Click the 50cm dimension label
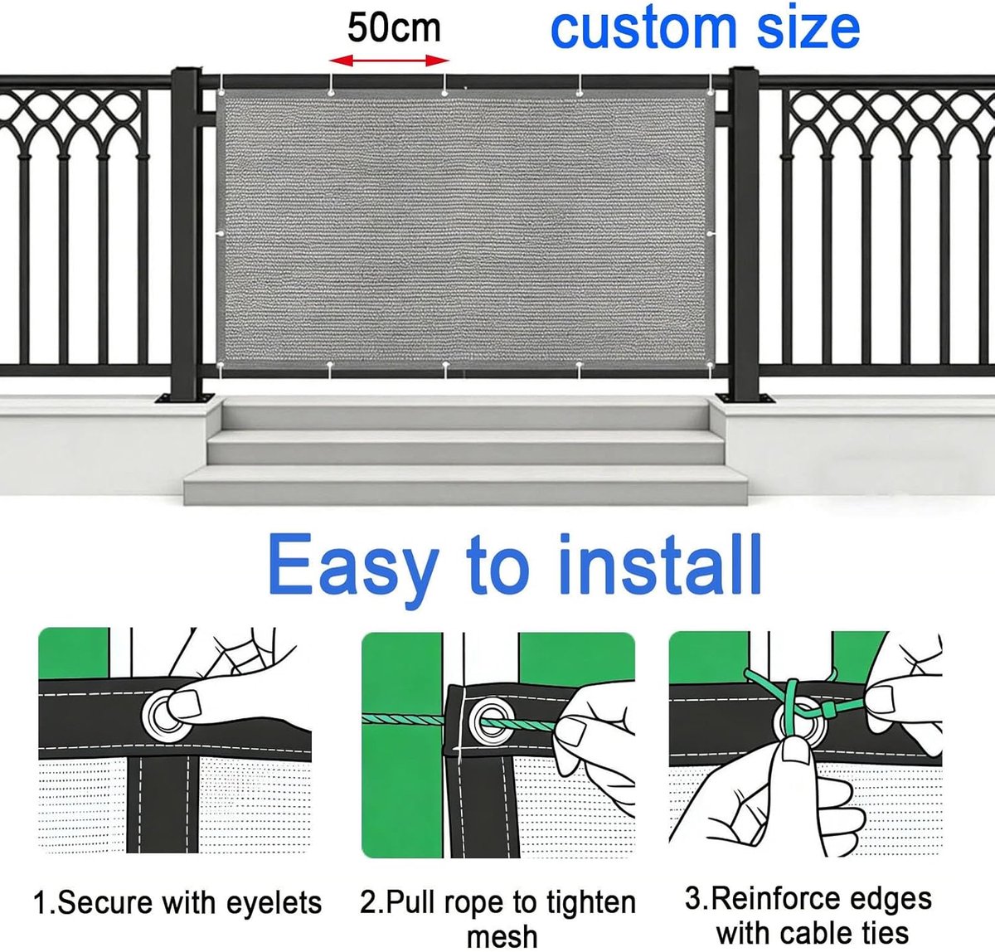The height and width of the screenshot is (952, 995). coord(394,29)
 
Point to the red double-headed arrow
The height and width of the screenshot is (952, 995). coord(389,61)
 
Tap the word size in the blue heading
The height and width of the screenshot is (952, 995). coord(808,29)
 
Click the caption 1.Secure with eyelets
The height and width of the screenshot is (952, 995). coord(177,902)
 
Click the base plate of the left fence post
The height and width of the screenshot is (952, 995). coord(185,398)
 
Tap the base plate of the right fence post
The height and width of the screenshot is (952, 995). coord(744,398)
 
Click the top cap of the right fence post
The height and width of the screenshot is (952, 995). coord(744,71)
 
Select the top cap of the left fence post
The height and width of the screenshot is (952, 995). coord(186,71)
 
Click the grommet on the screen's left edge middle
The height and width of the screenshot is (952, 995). coord(221,234)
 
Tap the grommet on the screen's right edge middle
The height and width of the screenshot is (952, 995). coord(711,234)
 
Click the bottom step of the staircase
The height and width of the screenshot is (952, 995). coord(465,486)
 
